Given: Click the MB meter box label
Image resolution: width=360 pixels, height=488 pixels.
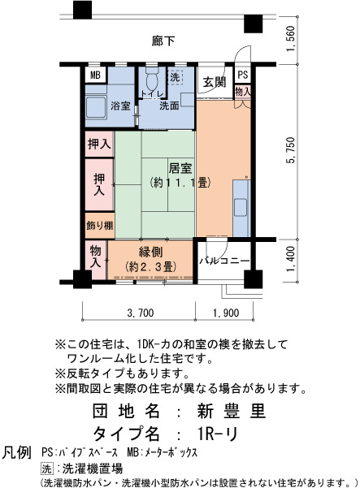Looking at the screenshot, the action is coord(95,76).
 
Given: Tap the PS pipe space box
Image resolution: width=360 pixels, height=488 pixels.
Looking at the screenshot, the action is coord(243,75).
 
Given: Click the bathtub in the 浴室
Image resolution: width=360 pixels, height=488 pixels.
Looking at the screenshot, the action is coord(96,107).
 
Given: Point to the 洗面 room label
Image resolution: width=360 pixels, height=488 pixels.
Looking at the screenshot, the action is coord(169,106).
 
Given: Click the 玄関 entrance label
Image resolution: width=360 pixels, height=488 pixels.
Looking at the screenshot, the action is coord(215,82).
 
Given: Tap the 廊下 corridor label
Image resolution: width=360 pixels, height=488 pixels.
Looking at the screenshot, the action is coord(163,41).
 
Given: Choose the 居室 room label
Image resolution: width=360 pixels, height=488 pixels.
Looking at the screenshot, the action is coord(180,168).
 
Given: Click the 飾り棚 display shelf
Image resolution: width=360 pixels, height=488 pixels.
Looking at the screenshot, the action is coord(100,226).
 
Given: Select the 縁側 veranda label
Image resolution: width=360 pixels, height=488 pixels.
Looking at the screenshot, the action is coord(150,253).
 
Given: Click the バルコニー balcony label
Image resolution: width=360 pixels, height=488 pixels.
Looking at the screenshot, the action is coord(224,260).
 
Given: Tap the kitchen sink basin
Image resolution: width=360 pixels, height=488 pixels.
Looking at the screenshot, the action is coord(241,208).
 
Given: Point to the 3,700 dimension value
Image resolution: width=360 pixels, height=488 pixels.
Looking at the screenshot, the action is coord(141,313).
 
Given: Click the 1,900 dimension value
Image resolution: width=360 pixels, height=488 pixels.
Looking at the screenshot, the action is coord(226,313).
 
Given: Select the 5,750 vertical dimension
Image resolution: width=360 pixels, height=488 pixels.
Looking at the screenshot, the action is coord(291,150).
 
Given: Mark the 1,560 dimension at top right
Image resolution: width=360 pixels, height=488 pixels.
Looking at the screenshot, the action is coord(291,39).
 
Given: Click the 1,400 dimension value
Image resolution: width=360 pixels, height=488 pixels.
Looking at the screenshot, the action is coord(291,259).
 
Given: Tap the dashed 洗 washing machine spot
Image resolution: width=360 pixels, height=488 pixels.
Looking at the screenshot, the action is coord(175,76).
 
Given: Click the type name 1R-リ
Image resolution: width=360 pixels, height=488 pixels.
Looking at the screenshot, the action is coord(218,434).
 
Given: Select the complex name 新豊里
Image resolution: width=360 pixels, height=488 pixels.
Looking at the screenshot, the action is coord(232,411).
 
